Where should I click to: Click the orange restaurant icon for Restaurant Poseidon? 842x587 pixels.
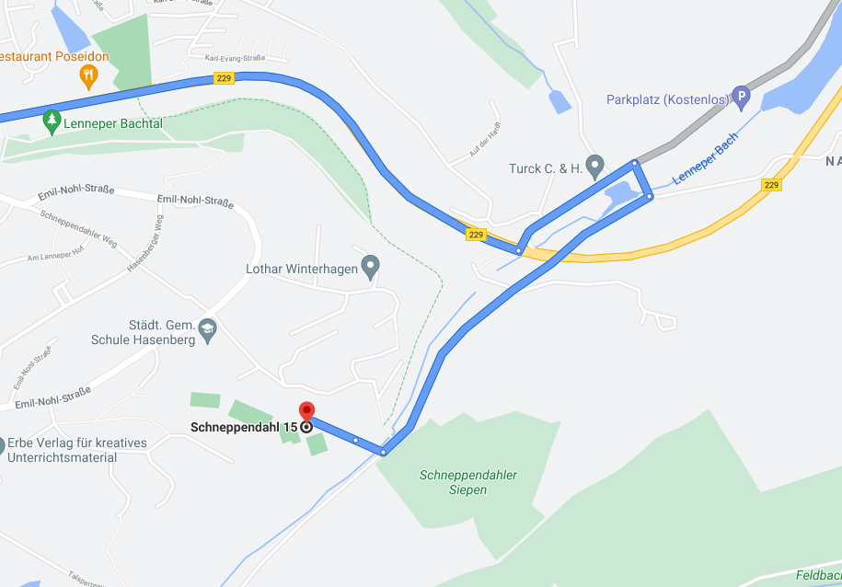coord(88,74)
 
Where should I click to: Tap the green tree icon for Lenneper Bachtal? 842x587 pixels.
coord(52,122)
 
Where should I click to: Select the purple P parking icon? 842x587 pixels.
coord(741,97)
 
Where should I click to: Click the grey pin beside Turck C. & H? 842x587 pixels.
coord(594,167)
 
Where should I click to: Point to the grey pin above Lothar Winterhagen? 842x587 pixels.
coord(370,267)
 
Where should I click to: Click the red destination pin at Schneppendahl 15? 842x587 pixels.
coord(306,413)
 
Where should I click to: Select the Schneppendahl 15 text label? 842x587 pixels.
coord(244,427)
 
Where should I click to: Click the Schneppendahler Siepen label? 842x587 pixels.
coord(468,482)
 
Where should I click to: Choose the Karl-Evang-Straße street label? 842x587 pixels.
coord(235,58)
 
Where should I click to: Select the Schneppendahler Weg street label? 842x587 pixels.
coord(78,228)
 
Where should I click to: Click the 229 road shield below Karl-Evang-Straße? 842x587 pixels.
coord(224,79)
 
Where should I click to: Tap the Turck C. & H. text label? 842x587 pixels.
coord(546,169)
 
